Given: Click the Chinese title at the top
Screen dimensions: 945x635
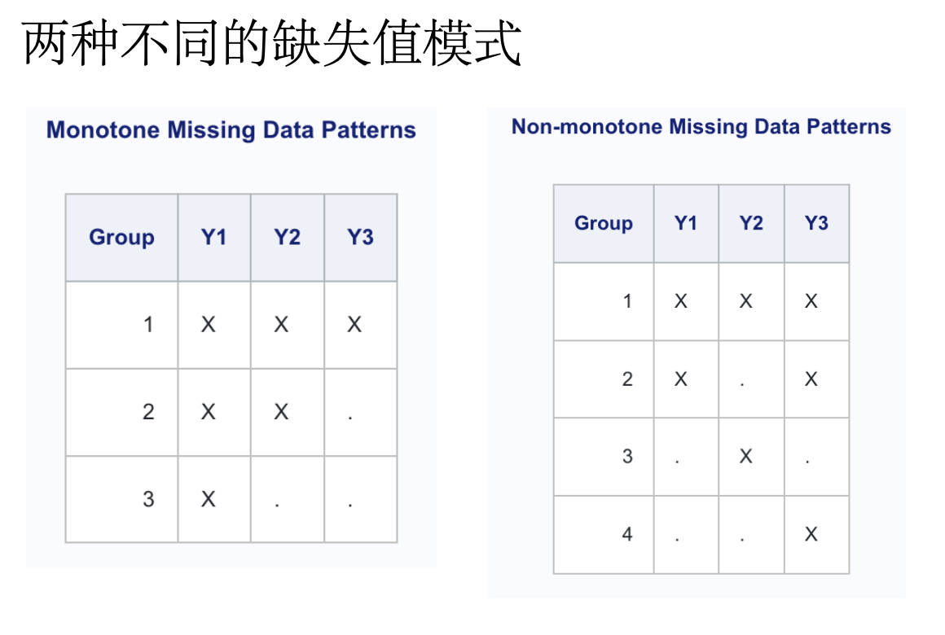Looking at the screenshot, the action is pyautogui.click(x=272, y=42).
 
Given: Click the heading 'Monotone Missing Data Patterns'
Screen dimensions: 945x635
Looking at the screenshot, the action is pyautogui.click(x=231, y=130).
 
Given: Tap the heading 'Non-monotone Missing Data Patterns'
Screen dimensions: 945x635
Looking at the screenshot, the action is pyautogui.click(x=701, y=126).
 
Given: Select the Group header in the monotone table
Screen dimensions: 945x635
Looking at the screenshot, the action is pyautogui.click(x=121, y=238).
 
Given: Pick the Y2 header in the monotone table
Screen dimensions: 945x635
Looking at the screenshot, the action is pyautogui.click(x=287, y=238).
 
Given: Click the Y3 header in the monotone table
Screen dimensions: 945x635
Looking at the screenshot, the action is pyautogui.click(x=360, y=238).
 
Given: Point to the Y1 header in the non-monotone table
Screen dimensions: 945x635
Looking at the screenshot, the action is pyautogui.click(x=686, y=223).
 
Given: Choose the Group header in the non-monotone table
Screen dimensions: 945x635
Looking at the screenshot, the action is pyautogui.click(x=604, y=223).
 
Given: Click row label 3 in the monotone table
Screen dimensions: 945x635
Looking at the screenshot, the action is pyautogui.click(x=148, y=499).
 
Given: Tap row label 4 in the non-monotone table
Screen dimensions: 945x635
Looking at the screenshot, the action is pyautogui.click(x=627, y=534).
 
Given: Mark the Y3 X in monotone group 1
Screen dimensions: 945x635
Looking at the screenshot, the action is pyautogui.click(x=354, y=325).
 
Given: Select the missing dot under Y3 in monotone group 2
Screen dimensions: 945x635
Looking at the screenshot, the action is pyautogui.click(x=350, y=417).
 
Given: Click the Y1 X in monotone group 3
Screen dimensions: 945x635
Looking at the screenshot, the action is pyautogui.click(x=208, y=499).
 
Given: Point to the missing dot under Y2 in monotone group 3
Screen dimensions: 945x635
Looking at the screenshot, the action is pyautogui.click(x=277, y=504).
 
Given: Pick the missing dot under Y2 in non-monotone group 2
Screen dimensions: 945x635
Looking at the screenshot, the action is pyautogui.click(x=742, y=383).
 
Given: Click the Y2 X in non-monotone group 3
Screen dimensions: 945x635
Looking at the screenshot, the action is pyautogui.click(x=746, y=456).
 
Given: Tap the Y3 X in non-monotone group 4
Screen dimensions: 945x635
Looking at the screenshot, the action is pyautogui.click(x=811, y=534).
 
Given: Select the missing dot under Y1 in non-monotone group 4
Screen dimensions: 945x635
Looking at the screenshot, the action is pyautogui.click(x=677, y=539).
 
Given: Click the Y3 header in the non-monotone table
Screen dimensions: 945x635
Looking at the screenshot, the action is pyautogui.click(x=816, y=223).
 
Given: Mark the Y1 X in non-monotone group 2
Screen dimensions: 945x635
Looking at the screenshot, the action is pyautogui.click(x=681, y=379).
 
